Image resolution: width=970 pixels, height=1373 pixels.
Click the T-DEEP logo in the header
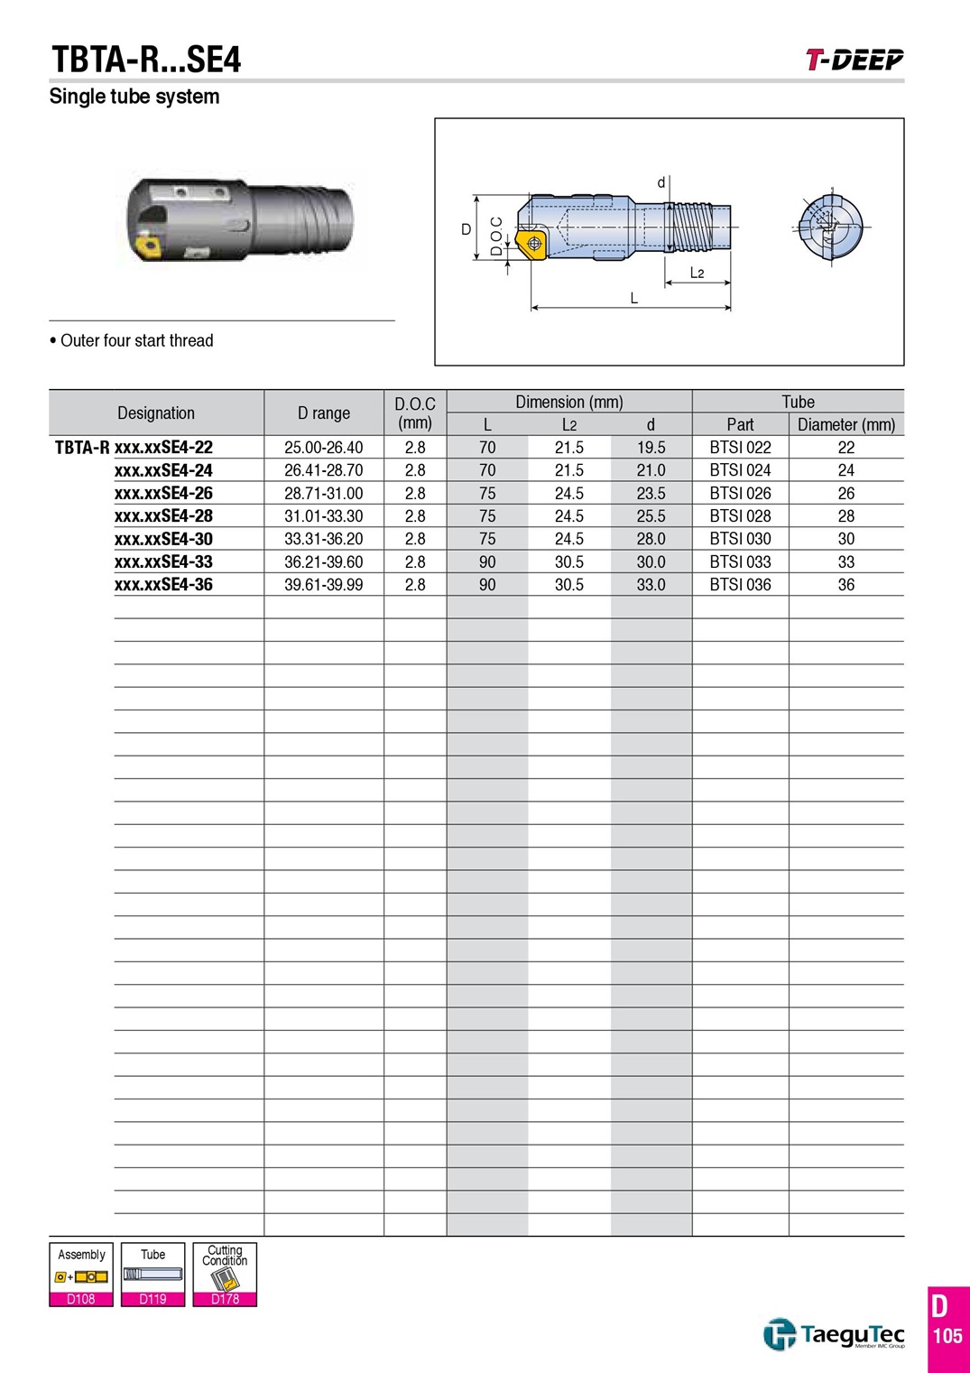855,60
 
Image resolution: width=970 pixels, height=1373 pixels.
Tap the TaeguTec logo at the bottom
834,1334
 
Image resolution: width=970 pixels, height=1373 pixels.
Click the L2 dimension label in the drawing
697,273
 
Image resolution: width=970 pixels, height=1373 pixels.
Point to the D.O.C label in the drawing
496,236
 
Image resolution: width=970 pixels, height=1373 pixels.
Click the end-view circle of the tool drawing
829,228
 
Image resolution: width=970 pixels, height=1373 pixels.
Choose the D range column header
324,413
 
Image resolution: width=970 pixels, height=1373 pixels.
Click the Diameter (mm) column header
846,424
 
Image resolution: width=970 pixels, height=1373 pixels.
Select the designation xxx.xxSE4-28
163,515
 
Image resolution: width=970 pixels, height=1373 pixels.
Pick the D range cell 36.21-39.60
324,561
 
